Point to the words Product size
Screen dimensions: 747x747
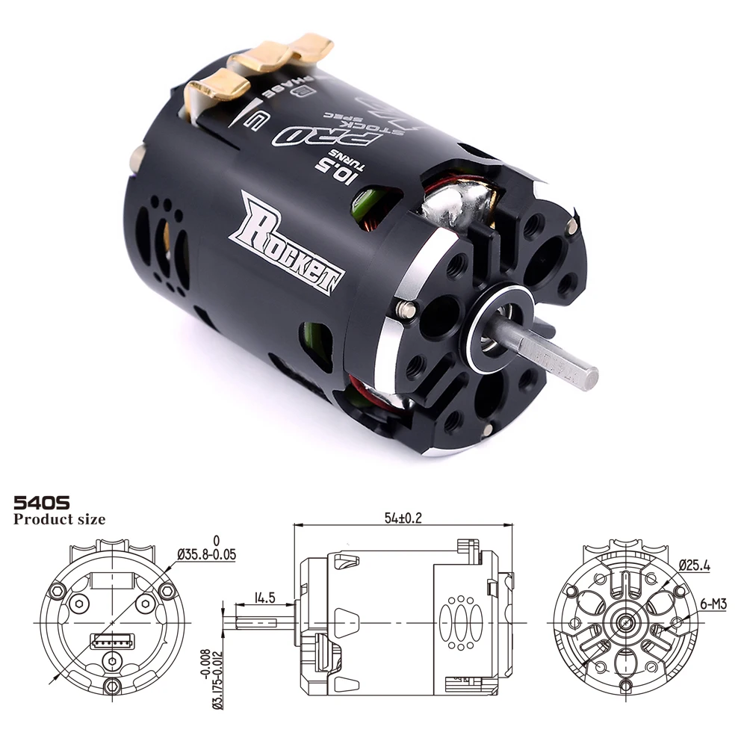point(59,519)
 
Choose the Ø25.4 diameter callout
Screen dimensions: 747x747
point(694,565)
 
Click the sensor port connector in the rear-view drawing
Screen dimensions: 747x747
point(111,640)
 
